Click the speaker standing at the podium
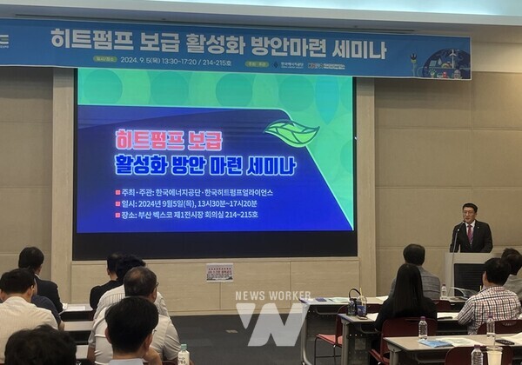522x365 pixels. pos(470,229)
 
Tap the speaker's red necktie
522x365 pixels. pos(470,233)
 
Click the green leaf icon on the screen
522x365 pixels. pos(291,132)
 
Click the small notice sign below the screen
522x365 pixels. pos(219,272)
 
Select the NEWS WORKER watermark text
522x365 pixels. pos(273,295)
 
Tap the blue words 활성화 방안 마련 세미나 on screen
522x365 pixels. pos(204,164)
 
